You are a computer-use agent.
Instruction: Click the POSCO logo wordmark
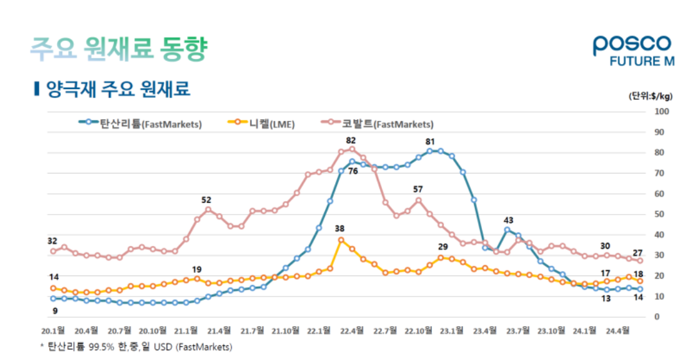pyautogui.click(x=631, y=44)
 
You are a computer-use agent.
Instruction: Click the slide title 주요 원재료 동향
pyautogui.click(x=119, y=49)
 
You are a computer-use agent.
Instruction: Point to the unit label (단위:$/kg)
pyautogui.click(x=650, y=96)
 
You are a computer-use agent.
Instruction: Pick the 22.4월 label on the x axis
pyautogui.click(x=352, y=331)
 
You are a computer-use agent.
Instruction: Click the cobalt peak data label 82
pyautogui.click(x=351, y=140)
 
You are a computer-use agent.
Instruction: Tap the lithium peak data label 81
pyautogui.click(x=430, y=142)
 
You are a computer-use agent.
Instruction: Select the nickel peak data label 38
pyautogui.click(x=340, y=229)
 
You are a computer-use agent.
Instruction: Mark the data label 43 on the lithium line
pyautogui.click(x=508, y=220)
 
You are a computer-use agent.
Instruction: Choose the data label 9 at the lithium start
pyautogui.click(x=54, y=311)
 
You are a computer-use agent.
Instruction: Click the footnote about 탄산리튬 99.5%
pyautogui.click(x=136, y=347)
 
